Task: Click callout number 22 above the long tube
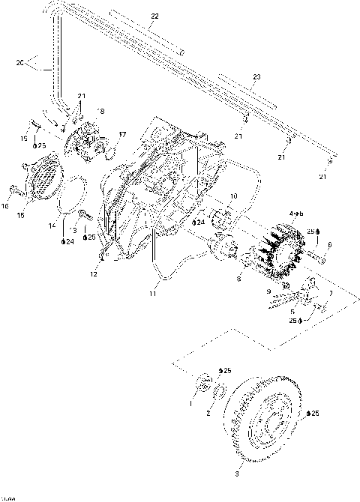(154, 16)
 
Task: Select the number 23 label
(256, 78)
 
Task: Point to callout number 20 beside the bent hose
(19, 64)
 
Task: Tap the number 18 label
(100, 111)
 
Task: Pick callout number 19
(23, 139)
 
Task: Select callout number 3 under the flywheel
(237, 474)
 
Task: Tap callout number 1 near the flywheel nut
(190, 403)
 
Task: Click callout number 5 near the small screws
(292, 310)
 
